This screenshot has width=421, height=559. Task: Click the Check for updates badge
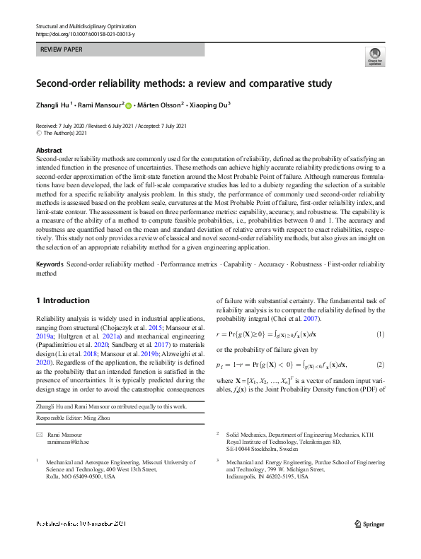click(374, 56)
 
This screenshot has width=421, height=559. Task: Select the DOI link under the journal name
click(84, 34)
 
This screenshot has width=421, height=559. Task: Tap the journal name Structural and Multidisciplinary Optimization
click(85, 25)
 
